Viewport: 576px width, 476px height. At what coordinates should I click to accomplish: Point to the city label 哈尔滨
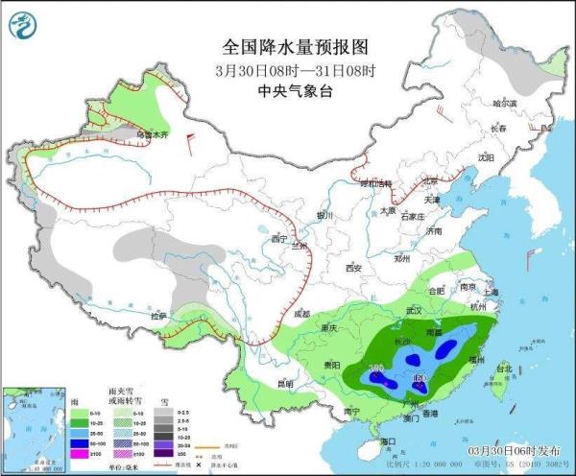[505, 103]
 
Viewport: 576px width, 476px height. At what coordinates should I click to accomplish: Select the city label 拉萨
[156, 314]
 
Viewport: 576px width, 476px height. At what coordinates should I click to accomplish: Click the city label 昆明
[284, 383]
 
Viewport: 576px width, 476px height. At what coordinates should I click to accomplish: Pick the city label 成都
[301, 313]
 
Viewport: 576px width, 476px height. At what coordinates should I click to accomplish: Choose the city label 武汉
[415, 311]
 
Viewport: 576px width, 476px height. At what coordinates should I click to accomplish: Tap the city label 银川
[325, 215]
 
